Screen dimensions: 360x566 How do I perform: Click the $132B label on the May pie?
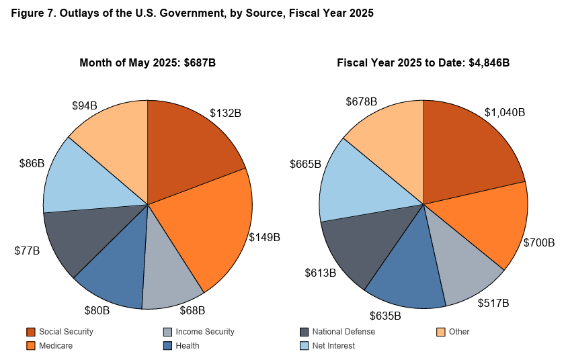225,113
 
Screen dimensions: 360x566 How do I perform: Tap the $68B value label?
192,310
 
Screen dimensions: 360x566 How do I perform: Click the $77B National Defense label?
27,251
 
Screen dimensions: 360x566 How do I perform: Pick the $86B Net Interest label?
32,163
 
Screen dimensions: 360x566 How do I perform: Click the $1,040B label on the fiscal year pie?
505,112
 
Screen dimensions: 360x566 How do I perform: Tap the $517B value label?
494,304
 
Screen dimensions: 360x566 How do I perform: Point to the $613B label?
321,273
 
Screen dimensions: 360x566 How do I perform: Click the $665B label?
305,164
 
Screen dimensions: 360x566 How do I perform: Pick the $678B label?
362,101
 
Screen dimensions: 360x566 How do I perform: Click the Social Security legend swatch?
30,332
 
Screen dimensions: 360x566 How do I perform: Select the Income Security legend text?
204,332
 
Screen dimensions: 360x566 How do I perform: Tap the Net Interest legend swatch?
304,346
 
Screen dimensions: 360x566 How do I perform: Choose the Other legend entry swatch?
441,332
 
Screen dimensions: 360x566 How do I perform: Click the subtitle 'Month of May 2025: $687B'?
148,63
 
